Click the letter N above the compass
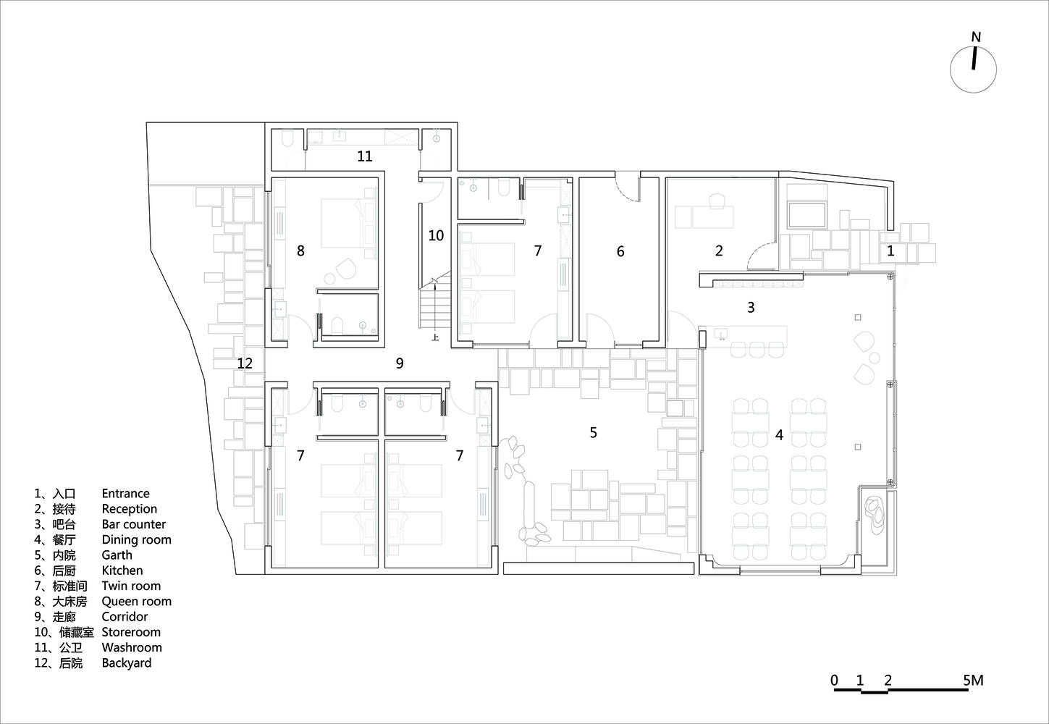coord(976,37)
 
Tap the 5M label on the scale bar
coord(973,681)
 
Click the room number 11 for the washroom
coord(365,156)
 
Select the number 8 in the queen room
coord(300,251)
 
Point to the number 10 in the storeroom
coord(436,235)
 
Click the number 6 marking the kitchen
coord(620,251)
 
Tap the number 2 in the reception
coord(719,251)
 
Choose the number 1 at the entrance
coord(890,251)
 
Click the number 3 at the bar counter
coord(751,307)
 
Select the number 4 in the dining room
coord(779,435)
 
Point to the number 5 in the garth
coord(594,433)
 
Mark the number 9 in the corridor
coord(400,363)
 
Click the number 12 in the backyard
coord(245,363)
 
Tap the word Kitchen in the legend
coord(122,571)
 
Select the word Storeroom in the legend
coord(131,632)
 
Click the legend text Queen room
coord(137,602)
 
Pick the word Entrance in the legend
coord(125,494)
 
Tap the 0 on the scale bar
coord(835,681)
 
